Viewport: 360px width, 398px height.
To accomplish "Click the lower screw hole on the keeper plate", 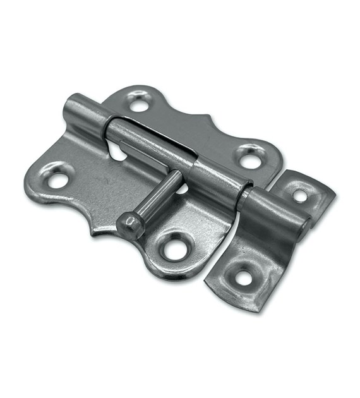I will click(243, 277).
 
